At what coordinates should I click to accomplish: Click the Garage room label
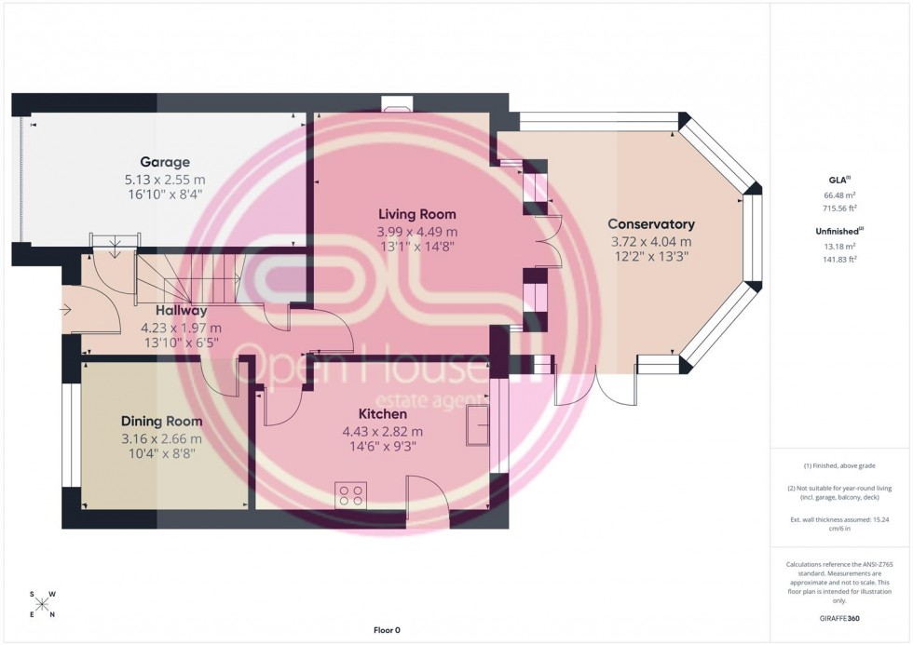165,161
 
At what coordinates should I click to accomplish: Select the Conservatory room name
651,224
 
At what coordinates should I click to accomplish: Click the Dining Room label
161,421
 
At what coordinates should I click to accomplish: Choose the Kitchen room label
383,413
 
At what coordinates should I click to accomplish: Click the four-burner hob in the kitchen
351,494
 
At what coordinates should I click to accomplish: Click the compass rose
43,604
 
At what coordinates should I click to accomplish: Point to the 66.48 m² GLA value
840,196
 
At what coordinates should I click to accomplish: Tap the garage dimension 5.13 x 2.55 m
165,180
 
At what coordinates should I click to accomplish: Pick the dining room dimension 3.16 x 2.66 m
161,438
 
